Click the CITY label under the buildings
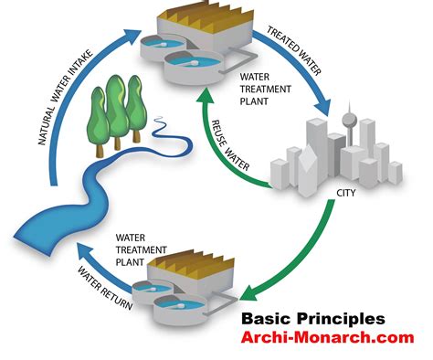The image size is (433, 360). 345,193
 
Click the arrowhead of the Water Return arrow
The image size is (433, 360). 85,251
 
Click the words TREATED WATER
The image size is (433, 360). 294,51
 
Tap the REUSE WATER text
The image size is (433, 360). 230,145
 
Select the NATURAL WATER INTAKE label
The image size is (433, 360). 65,98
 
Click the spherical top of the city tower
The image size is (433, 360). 349,121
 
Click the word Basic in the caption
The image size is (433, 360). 266,319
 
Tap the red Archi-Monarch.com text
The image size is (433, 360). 328,337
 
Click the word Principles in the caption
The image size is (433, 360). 341,320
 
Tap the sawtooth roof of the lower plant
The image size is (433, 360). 191,264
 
